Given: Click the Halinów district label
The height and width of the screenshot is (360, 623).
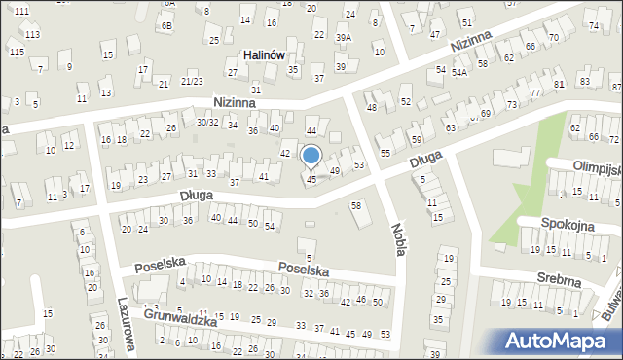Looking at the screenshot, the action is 263,55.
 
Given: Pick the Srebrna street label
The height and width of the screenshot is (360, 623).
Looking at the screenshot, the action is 559,281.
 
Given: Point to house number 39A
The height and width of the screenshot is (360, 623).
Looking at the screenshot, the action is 344,37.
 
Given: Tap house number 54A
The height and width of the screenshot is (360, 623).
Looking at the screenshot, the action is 458,72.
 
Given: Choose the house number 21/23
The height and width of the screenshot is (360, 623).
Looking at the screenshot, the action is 192,82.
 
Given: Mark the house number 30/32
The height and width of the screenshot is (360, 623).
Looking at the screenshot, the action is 207,122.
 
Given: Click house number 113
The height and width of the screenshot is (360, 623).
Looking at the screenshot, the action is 32,34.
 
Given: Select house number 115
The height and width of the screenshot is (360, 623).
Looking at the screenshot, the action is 16,52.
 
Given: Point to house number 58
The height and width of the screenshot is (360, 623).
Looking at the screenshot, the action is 356,205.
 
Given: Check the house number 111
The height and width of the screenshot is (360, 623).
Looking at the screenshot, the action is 21,9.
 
